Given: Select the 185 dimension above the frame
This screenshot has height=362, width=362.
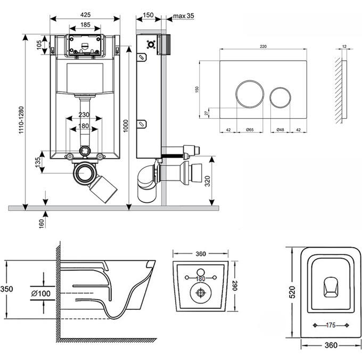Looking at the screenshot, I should pos(85,24).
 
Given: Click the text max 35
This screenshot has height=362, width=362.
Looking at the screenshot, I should pos(183,17).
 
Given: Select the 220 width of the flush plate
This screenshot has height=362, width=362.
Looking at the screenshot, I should pos(263,47).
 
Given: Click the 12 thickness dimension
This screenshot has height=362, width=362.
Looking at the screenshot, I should pos(343,47).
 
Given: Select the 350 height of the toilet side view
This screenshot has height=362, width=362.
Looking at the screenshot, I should pos(6,290).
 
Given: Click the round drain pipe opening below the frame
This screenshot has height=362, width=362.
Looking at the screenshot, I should pos(84,172).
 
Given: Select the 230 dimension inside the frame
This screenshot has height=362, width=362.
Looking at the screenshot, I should pos(84,114).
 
